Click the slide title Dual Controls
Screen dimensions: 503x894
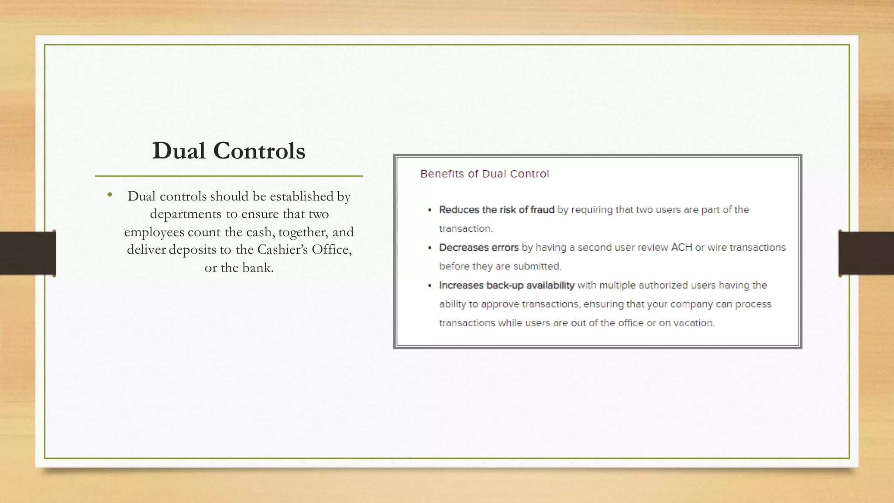(228, 151)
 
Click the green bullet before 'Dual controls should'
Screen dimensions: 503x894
(110, 195)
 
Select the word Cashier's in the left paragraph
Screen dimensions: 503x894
(282, 249)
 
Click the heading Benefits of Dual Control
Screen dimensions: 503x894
(484, 174)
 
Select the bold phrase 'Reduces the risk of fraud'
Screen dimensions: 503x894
(496, 210)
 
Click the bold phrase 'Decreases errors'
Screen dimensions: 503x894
(478, 248)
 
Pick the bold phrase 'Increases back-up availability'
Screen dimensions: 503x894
(506, 285)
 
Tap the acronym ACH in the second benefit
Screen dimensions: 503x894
(681, 248)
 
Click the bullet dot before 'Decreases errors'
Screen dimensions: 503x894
(430, 248)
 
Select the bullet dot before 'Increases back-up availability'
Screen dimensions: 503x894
(430, 286)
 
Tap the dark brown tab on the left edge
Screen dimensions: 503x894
(27, 253)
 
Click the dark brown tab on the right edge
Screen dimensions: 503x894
(866, 253)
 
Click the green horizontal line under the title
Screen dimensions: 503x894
(229, 176)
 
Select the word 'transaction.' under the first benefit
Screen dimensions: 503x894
(465, 229)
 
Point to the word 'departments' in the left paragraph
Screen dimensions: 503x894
(186, 214)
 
